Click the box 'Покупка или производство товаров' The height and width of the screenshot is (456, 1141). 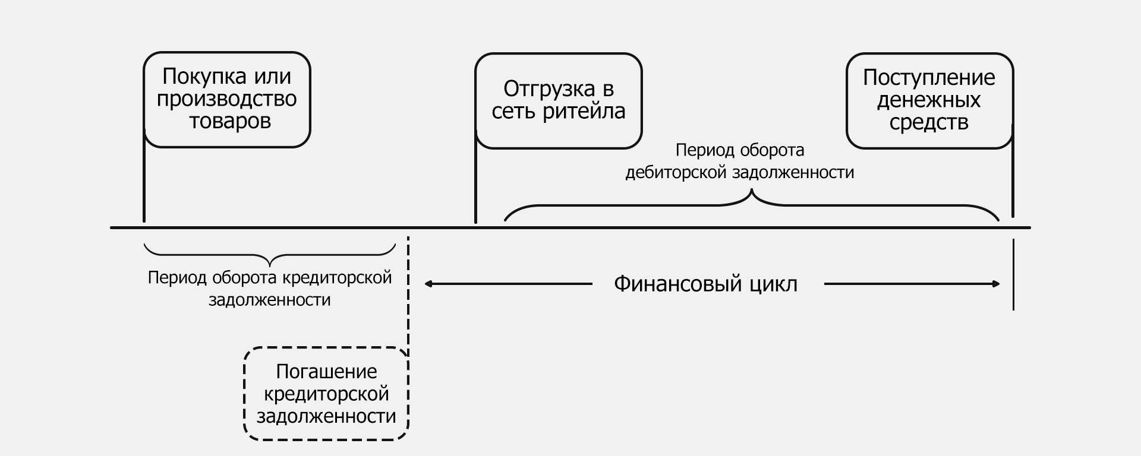point(227,99)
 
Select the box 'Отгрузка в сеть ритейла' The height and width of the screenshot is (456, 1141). point(559,100)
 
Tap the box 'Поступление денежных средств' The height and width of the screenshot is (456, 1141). point(929,100)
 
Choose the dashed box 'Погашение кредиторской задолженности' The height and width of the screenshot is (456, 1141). point(326,394)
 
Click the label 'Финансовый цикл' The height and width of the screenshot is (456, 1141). point(705,284)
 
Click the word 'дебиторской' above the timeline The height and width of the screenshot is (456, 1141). point(675,173)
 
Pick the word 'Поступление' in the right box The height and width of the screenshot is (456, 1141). point(929,78)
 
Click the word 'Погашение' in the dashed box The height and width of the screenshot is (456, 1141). point(326,372)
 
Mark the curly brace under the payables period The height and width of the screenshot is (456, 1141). point(270,255)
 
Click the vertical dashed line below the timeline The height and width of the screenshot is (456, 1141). point(408,297)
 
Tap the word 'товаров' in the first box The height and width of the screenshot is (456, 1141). point(230,121)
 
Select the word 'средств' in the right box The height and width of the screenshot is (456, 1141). point(929,122)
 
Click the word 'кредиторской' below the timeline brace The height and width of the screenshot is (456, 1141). point(336,278)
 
